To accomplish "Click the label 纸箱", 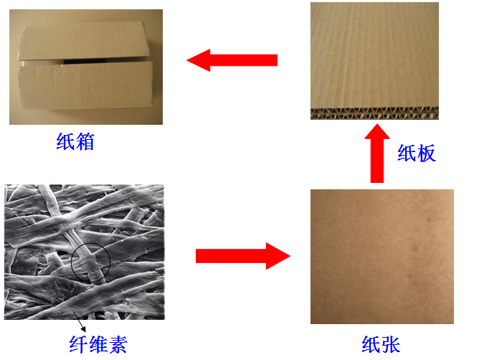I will pos(75,141).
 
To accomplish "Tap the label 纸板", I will pos(417,153).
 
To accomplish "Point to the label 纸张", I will pos(381,343).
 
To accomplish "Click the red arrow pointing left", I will pos(232,60).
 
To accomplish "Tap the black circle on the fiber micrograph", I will pos(90,261).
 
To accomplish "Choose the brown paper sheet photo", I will pos(381,257).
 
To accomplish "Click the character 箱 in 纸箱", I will pos(85,141).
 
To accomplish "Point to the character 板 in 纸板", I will pos(427,153).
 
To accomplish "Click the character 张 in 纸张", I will pos(391,343).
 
